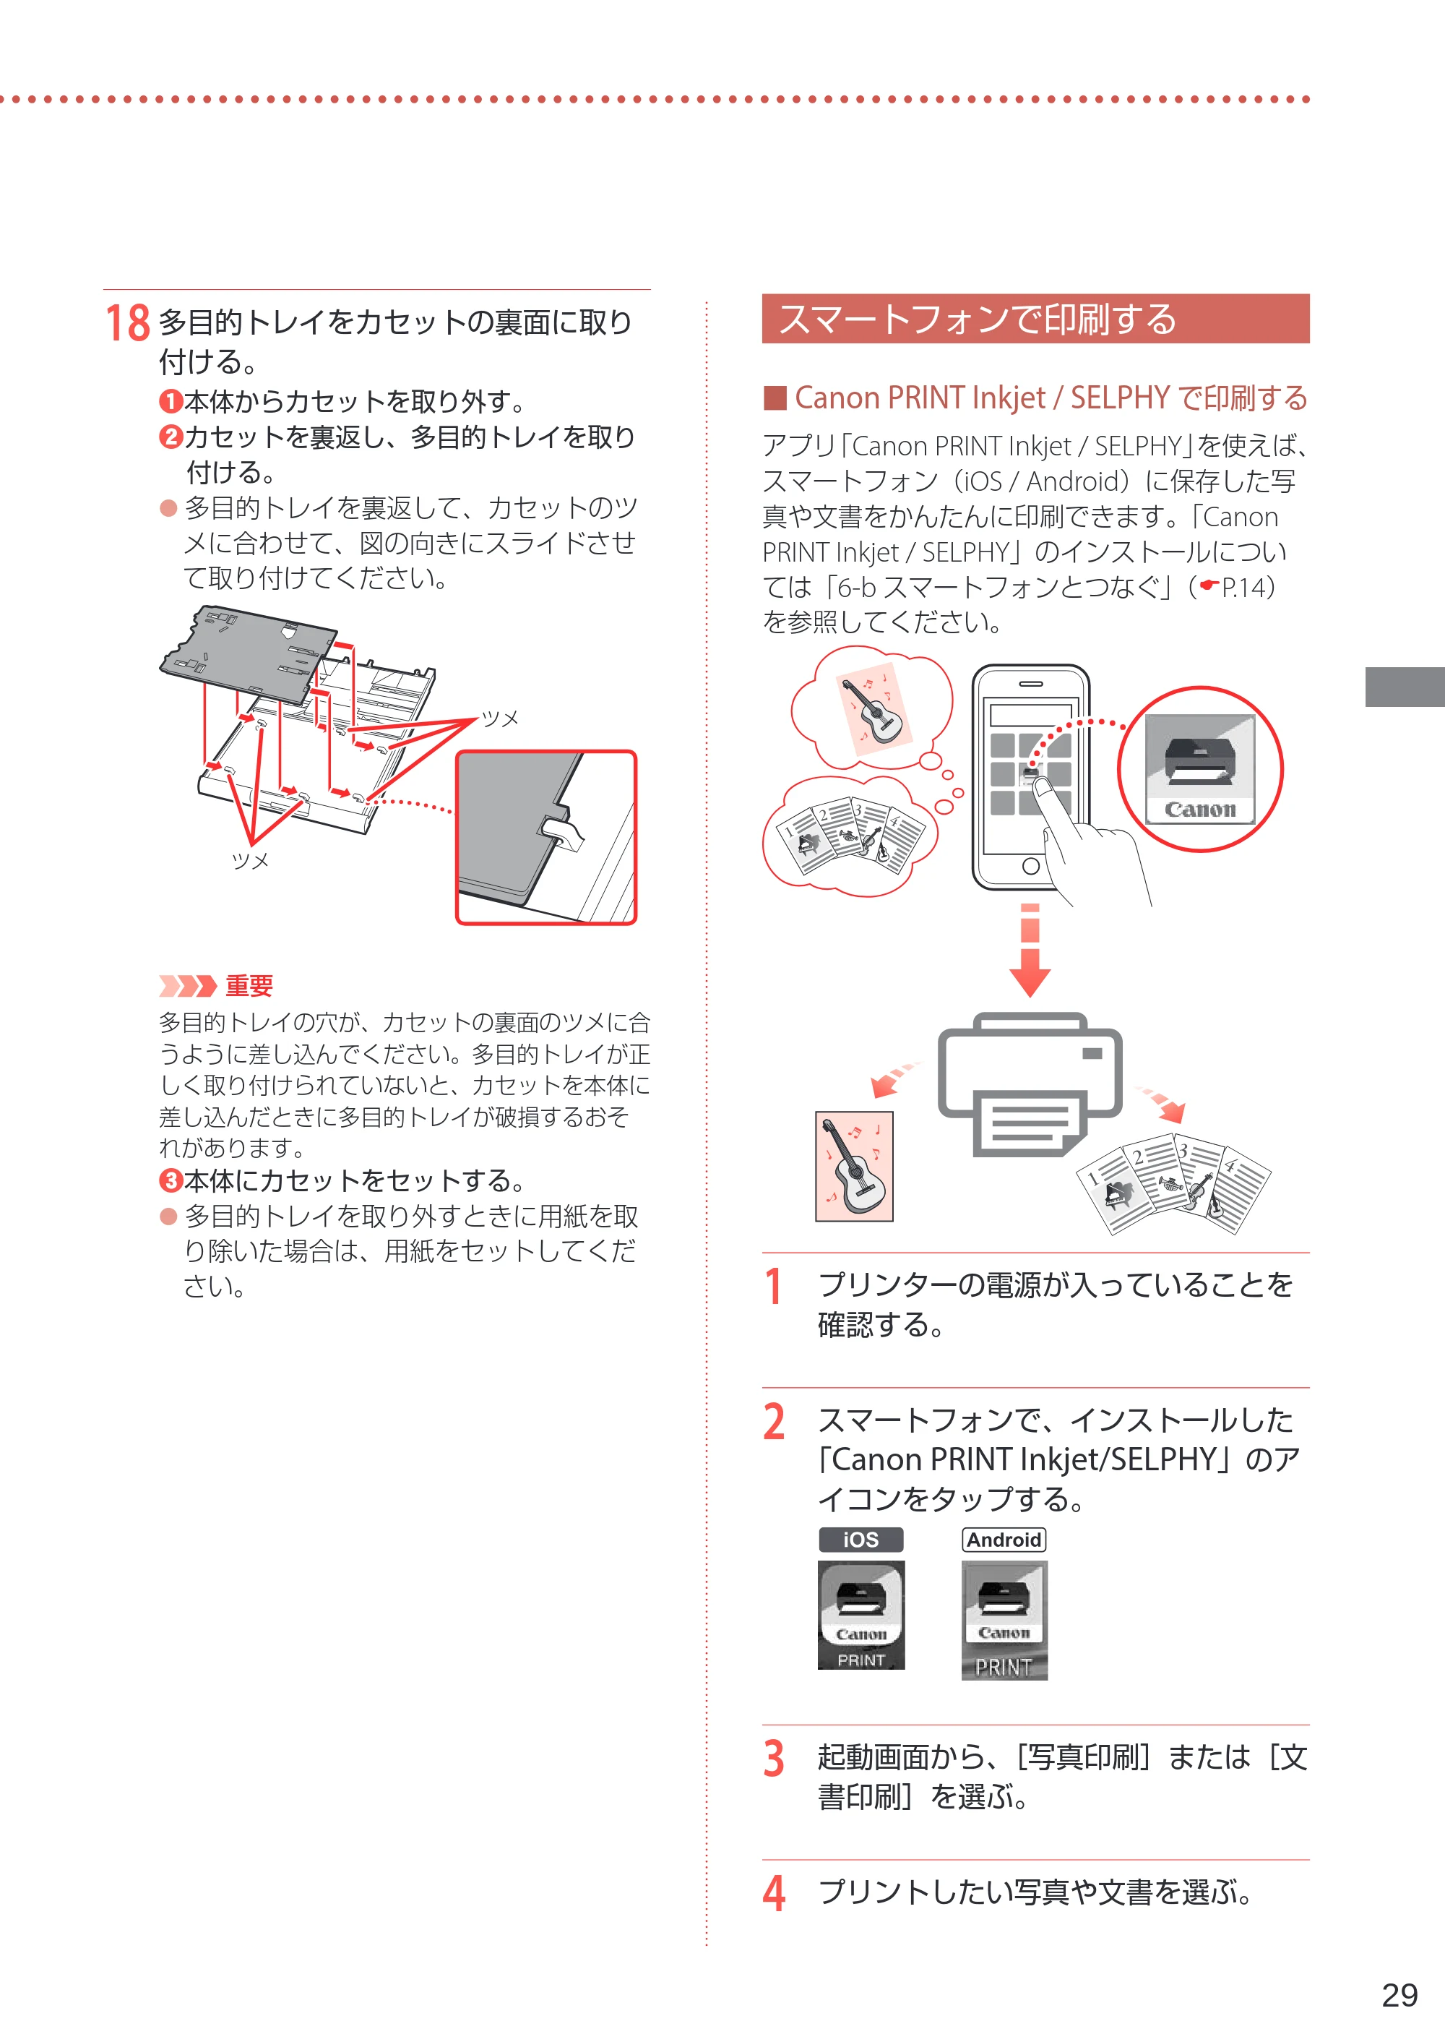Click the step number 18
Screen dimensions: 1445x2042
pos(127,323)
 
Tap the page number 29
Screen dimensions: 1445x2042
pos(1399,1995)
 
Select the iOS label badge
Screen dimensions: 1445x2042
pos(860,1540)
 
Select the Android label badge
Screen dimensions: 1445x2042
pos(1004,1540)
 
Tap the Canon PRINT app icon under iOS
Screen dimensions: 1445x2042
pos(860,1615)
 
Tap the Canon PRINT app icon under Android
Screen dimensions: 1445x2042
pos(1004,1620)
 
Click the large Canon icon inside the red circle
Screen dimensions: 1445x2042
pos(1199,770)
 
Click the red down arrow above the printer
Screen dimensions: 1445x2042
pos(1030,951)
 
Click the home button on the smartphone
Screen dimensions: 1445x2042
pos(1030,866)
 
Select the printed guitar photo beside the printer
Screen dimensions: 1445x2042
pos(854,1166)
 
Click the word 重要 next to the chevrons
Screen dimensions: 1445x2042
pos(249,985)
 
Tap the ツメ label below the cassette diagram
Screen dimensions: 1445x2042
pos(250,861)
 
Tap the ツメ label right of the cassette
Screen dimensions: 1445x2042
pos(499,718)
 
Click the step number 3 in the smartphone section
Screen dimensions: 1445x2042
pos(774,1759)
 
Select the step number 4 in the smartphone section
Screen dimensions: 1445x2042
pos(774,1892)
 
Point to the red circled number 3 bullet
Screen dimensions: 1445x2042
pos(170,1181)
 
